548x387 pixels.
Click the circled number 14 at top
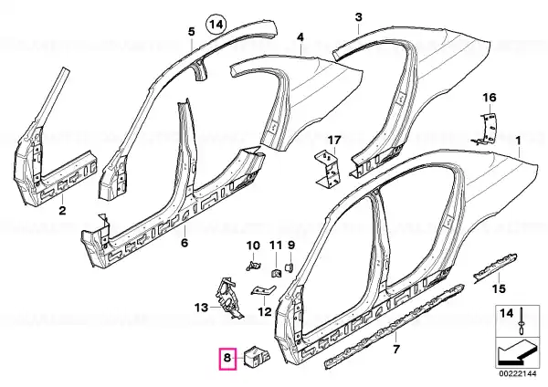point(216,25)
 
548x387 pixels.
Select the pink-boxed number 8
point(227,359)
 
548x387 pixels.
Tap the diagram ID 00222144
point(517,373)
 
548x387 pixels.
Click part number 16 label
point(490,98)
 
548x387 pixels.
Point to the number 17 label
point(333,141)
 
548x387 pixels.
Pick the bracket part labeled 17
point(328,168)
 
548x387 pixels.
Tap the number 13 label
point(201,308)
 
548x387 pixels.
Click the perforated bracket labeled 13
point(229,297)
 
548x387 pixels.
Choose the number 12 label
point(265,311)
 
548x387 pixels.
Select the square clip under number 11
point(277,272)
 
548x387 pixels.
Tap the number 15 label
point(499,288)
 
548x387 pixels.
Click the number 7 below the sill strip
point(396,349)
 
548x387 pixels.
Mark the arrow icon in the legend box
point(516,353)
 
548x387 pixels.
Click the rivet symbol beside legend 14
point(522,321)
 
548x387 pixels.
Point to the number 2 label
point(62,210)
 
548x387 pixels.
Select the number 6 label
point(184,242)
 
